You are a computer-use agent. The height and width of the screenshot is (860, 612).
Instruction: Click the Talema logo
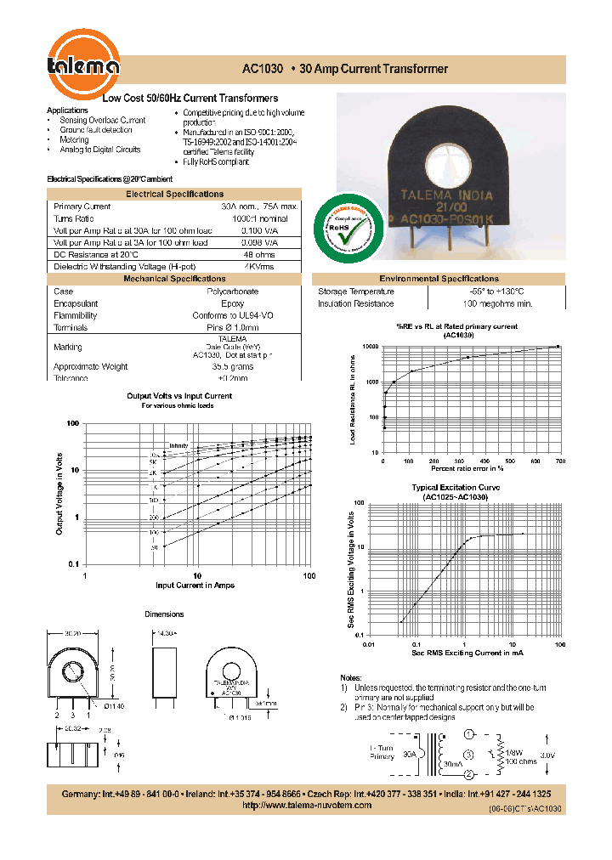(x=83, y=60)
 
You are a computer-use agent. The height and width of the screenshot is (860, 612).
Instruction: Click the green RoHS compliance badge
(x=348, y=229)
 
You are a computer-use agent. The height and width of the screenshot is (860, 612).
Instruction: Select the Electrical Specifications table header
(x=174, y=194)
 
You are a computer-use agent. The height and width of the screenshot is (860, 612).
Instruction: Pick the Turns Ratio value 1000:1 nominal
(x=258, y=218)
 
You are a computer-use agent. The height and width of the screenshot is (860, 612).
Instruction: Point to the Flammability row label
(x=75, y=315)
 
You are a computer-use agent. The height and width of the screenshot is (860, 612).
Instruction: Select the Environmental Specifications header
(x=439, y=279)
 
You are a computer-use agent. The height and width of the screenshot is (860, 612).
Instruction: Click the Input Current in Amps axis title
(x=196, y=586)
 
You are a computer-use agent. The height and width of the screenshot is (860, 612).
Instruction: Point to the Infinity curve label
(x=178, y=445)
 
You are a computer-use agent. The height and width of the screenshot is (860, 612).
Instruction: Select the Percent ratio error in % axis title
(x=467, y=468)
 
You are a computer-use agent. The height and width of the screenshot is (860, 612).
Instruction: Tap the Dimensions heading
(x=164, y=614)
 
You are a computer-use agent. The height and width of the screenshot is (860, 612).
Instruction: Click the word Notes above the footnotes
(x=349, y=677)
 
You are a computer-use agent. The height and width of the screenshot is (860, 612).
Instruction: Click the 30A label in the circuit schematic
(x=410, y=753)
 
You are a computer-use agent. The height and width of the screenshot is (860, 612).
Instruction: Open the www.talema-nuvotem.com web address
(x=307, y=805)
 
